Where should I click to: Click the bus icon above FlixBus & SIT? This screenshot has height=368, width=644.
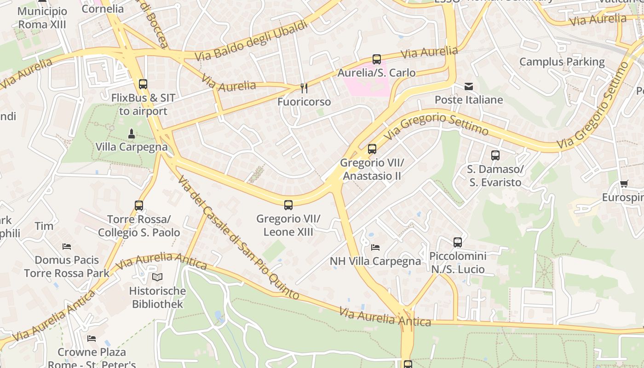(x=143, y=84)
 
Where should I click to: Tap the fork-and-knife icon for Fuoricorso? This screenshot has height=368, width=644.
(x=304, y=88)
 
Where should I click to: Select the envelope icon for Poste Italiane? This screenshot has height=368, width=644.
(x=468, y=86)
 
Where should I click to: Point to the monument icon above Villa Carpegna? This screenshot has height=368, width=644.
(x=132, y=134)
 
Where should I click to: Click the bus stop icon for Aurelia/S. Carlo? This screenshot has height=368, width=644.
(x=376, y=59)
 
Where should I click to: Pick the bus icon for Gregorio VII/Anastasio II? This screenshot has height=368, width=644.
(x=372, y=149)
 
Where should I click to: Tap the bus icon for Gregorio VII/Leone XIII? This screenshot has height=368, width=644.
(x=288, y=205)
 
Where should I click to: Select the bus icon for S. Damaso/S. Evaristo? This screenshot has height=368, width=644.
(x=495, y=155)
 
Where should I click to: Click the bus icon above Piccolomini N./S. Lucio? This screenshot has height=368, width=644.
(x=457, y=242)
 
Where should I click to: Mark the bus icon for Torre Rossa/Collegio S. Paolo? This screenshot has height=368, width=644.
(x=139, y=206)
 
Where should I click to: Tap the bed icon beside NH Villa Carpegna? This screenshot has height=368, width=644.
(x=375, y=247)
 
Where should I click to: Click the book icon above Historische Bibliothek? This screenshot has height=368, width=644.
(x=157, y=277)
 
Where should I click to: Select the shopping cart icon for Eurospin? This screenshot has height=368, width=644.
(x=624, y=184)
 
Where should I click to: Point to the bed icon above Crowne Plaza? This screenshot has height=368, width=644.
(x=92, y=339)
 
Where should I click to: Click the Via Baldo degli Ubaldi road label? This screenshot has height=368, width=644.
(x=251, y=41)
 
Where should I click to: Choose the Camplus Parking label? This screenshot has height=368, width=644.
(x=562, y=62)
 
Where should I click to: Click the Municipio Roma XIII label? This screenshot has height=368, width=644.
(x=42, y=17)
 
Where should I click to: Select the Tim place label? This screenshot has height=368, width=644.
(x=44, y=226)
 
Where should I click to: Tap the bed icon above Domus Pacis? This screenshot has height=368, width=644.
(x=67, y=247)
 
